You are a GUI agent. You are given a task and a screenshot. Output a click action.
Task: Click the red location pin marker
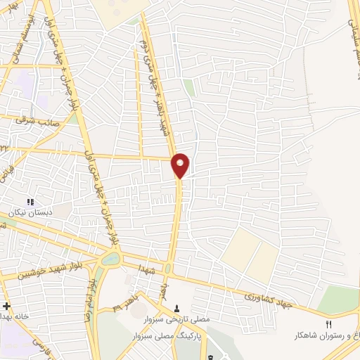coord(180,165)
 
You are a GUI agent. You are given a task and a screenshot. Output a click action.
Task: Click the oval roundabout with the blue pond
coord(111,259)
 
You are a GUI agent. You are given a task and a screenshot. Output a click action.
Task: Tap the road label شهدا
coord(146,270)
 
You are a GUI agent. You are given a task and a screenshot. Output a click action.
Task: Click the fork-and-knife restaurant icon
coord(328,324)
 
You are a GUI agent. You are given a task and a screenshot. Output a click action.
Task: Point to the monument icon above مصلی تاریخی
coord(176,308)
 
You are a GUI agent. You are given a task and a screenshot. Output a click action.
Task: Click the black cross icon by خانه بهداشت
coord(6,306)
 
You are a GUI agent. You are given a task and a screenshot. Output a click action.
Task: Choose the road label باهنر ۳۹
coord(125,307)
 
